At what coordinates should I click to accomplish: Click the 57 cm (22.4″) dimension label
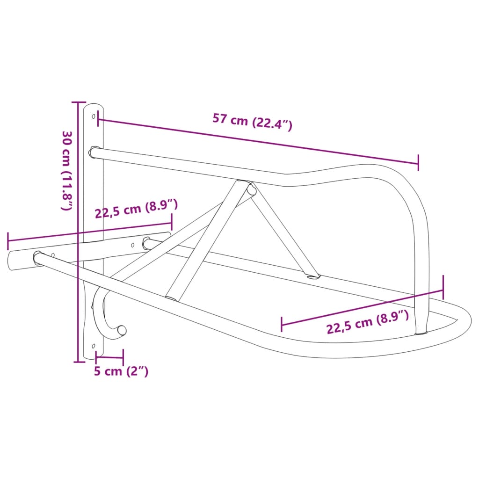252,122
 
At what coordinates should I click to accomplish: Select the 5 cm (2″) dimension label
121,371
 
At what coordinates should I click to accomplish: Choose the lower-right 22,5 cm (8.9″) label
368,321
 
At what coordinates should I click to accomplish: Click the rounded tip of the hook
122,330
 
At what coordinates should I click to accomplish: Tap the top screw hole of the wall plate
94,116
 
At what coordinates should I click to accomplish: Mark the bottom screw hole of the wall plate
94,346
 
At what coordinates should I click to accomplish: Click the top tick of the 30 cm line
79,102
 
